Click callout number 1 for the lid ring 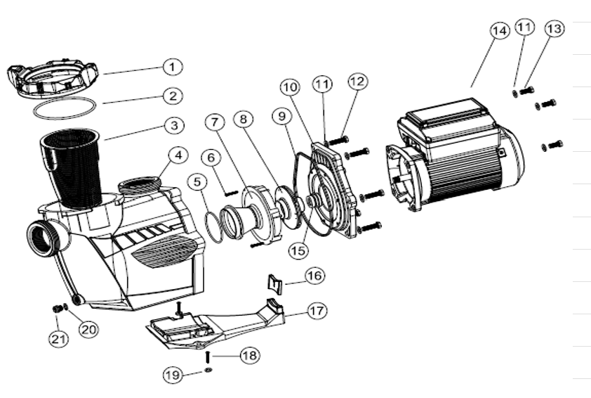[173, 67]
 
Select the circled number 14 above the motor [500, 30]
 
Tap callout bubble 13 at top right [555, 29]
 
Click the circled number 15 [298, 250]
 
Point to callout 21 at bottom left [59, 339]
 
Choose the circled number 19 [173, 375]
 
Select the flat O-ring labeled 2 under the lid [64, 108]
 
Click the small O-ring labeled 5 [213, 228]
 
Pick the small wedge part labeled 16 [275, 283]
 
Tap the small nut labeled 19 [208, 370]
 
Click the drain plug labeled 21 [57, 309]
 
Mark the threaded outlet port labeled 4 [141, 185]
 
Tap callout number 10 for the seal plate [290, 87]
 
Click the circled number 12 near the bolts [358, 82]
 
